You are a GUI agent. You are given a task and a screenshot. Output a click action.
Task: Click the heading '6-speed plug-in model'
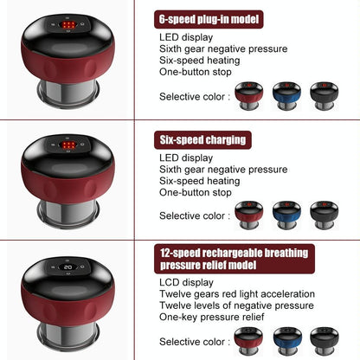pos(209,19)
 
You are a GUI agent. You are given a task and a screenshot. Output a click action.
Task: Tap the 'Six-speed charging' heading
pos(202,140)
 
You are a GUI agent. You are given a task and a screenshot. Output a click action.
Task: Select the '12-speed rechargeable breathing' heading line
pos(235,253)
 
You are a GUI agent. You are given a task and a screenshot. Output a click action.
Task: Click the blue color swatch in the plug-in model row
pos(286,96)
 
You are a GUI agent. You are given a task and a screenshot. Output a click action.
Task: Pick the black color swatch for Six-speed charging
pos(325,215)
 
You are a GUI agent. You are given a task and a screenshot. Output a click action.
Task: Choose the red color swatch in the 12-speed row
pos(248,341)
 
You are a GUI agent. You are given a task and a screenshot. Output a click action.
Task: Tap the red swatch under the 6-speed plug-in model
pos(249,96)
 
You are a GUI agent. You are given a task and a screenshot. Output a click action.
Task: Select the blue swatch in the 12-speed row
pos(287,341)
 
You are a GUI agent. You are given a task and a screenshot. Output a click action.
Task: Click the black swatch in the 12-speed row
pos(325,341)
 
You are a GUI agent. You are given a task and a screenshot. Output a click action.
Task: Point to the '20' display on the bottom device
pos(68,267)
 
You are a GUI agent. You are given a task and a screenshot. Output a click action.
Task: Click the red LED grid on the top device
pos(68,25)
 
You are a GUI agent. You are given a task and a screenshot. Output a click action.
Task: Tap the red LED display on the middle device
pos(68,145)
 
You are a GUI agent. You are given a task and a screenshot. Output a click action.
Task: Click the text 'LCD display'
pos(186,282)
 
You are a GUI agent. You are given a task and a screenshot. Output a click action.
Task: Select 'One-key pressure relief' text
pos(212,317)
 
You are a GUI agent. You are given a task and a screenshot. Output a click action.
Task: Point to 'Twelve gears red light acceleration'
pos(237,294)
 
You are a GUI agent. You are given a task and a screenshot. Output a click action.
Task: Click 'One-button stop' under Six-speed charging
pos(196,192)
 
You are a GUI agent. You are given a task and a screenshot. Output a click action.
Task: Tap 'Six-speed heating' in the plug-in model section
pos(200,61)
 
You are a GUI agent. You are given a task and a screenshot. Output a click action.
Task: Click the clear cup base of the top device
pos(68,93)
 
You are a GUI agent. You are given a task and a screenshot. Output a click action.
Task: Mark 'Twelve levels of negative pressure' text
pos(236,305)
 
